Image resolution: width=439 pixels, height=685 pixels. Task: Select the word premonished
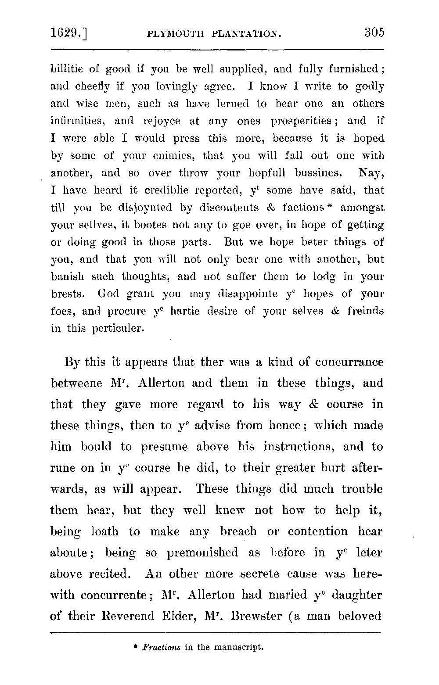(x=202, y=553)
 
